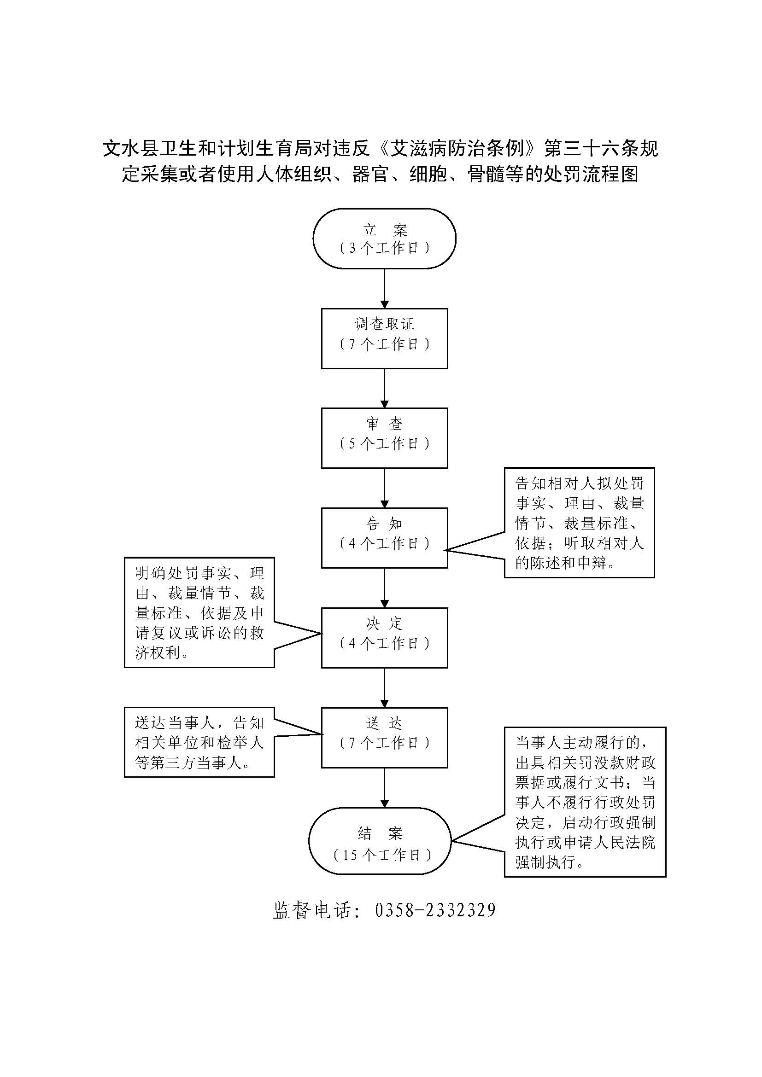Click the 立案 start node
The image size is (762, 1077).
384,239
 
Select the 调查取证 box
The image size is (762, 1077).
384,338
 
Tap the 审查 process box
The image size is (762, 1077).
384,437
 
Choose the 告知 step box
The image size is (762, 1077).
384,537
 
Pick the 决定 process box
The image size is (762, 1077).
384,637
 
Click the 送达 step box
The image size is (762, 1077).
384,737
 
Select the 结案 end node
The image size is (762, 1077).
380,841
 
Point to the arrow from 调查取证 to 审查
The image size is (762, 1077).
384,388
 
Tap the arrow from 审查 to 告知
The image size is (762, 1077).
384,488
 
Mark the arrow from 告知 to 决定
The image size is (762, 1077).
384,588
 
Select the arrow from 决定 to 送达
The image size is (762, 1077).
384,687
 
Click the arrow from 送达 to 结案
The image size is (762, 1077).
384,787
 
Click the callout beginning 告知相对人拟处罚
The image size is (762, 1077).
579,522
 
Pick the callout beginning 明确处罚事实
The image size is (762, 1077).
199,612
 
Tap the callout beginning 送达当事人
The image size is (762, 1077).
199,742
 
